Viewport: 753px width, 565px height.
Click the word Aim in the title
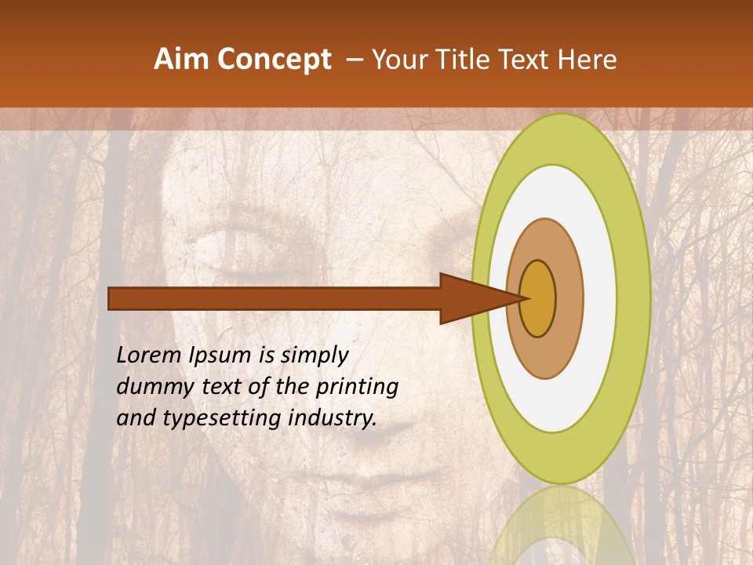pyautogui.click(x=181, y=60)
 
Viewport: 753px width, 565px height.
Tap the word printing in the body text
pyautogui.click(x=357, y=388)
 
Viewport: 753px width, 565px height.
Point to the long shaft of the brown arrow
pyautogui.click(x=275, y=298)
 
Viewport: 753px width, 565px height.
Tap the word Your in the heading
pyautogui.click(x=397, y=60)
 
